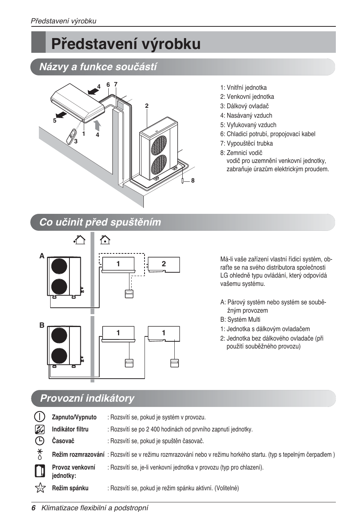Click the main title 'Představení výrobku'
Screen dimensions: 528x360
126,44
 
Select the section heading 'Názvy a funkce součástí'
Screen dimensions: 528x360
98,67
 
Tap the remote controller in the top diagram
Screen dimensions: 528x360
71,137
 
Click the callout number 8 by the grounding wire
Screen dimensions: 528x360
193,181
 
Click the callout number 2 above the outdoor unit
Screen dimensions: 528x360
147,106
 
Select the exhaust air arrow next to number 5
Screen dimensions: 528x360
61,115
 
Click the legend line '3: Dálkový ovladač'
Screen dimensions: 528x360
244,106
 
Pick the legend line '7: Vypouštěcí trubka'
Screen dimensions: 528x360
246,143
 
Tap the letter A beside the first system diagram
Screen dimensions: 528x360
42,256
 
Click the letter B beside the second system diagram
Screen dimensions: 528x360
42,325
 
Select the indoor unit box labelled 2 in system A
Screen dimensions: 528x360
163,264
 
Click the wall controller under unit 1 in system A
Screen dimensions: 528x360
129,294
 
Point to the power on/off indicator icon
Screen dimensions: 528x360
40,417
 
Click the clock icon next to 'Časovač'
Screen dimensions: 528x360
40,441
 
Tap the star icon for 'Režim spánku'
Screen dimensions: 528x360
40,488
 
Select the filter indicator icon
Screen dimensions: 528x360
40,429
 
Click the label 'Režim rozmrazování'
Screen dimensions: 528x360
78,454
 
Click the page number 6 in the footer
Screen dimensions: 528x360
34,508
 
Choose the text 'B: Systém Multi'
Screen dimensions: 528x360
240,319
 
